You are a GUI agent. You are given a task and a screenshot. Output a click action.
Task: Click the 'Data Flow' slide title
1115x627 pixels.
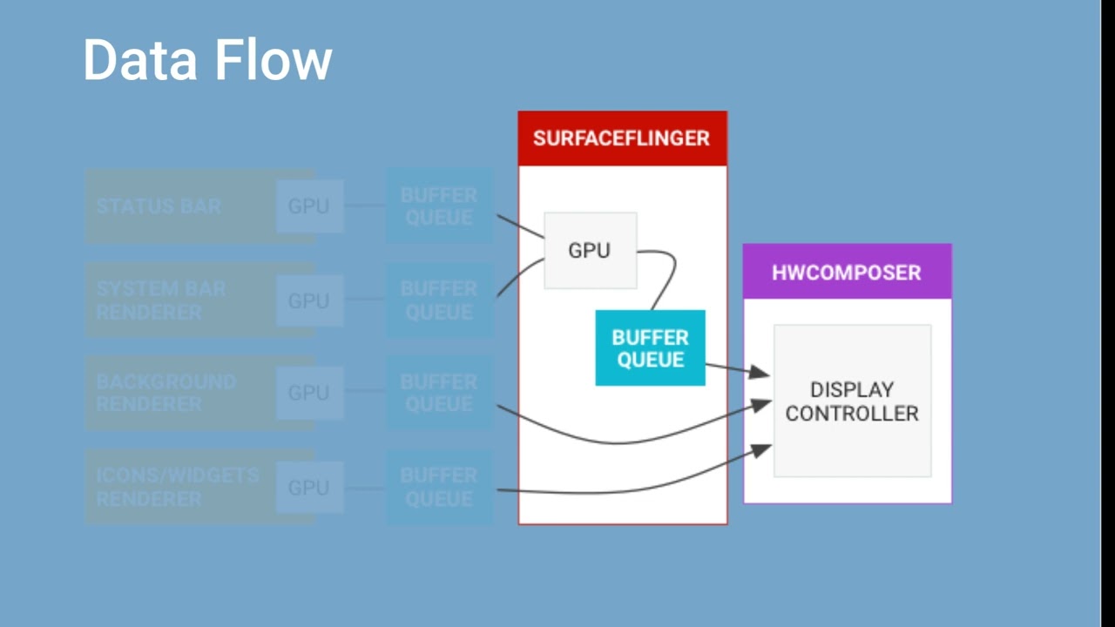pos(207,60)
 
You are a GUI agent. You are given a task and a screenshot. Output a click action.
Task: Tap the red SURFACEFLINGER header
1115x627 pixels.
pos(622,138)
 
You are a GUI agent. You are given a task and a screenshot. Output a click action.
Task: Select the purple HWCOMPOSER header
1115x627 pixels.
pos(847,272)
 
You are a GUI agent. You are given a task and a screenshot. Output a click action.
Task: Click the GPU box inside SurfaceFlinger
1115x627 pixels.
pos(590,251)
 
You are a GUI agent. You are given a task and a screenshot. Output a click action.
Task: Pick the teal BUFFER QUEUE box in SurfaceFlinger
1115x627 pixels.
pos(650,348)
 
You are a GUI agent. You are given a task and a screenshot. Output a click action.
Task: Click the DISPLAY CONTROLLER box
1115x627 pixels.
pos(852,401)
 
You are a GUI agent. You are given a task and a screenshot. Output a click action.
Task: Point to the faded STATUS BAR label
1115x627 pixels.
pos(159,206)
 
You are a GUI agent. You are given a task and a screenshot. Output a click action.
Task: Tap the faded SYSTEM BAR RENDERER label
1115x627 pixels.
pos(161,300)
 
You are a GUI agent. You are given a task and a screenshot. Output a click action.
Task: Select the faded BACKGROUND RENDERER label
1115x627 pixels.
pos(166,393)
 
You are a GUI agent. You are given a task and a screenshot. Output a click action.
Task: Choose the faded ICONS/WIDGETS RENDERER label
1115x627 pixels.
pos(177,487)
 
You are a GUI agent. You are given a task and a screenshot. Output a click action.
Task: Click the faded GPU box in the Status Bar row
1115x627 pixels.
pos(309,206)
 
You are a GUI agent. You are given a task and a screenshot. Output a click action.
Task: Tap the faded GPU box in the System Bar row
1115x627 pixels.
pos(309,301)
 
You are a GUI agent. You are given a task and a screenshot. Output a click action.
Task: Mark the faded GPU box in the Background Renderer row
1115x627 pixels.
pos(309,393)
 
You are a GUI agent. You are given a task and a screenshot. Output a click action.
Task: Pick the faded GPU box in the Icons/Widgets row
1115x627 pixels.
pos(309,488)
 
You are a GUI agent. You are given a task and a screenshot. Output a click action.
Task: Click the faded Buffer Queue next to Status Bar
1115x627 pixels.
pos(439,206)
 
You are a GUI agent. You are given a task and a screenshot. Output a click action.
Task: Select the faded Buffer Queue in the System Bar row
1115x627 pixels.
pos(439,300)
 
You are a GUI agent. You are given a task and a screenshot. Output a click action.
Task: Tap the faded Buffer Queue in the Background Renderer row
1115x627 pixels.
pos(439,393)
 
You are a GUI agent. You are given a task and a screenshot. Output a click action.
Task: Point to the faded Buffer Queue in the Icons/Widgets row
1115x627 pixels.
pos(439,487)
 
